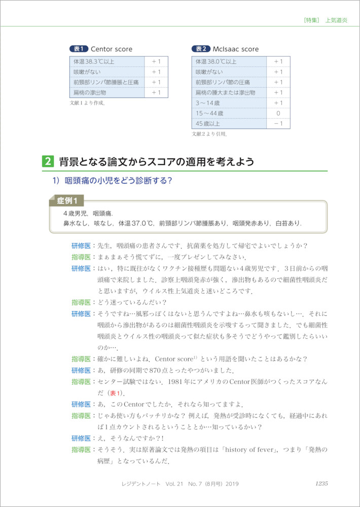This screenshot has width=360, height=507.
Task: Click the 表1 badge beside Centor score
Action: [78, 49]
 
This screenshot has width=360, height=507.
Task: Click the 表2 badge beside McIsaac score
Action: [200, 49]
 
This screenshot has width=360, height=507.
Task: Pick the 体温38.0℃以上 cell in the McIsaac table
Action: [216, 62]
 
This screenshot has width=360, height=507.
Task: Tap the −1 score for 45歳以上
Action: [278, 124]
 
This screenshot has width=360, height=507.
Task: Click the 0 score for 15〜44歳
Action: [278, 113]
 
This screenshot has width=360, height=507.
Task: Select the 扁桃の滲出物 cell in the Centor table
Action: [90, 93]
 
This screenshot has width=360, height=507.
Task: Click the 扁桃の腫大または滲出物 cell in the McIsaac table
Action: [225, 93]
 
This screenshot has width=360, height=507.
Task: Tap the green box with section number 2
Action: [47, 162]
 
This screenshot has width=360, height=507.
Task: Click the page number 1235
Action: [321, 484]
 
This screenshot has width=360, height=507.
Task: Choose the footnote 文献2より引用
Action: [209, 134]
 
